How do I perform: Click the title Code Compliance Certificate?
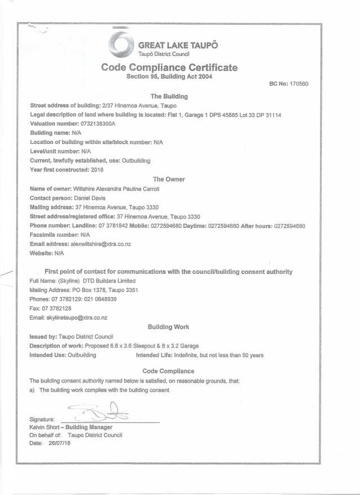click(x=169, y=67)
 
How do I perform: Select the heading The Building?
click(x=169, y=96)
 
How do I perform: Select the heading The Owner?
click(x=169, y=179)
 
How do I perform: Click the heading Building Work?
click(x=168, y=327)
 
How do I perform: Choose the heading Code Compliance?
click(x=168, y=371)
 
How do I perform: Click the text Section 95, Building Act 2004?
click(x=169, y=76)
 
